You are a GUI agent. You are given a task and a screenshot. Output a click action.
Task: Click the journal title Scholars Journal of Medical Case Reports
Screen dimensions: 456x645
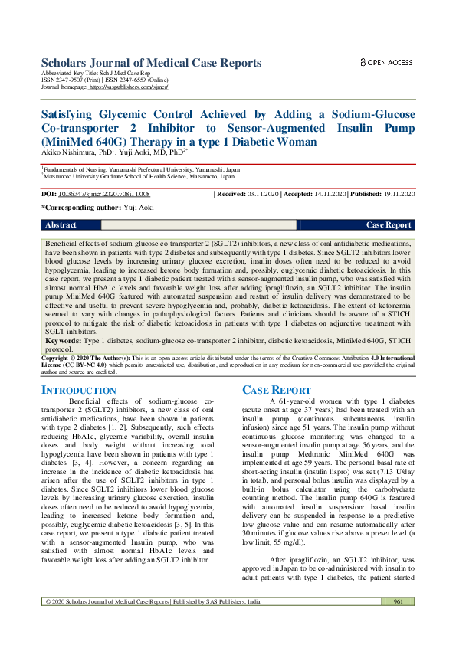pos(151,63)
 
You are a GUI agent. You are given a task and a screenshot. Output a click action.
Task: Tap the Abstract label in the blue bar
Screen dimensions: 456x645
pos(61,225)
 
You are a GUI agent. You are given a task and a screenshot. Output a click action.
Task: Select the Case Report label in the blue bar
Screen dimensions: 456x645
pos(389,225)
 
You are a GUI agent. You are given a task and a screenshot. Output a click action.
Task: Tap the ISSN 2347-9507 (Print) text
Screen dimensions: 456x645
pos(67,82)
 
